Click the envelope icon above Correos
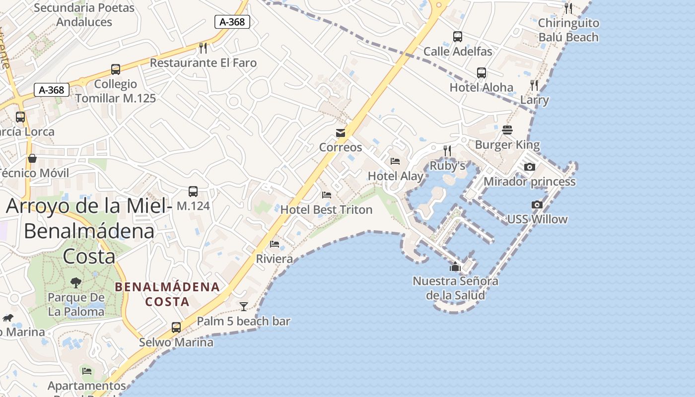point(341,133)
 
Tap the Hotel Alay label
point(396,176)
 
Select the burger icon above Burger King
point(507,130)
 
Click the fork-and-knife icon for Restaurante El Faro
point(203,48)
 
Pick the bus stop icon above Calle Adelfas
point(458,37)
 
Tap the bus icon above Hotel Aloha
point(481,73)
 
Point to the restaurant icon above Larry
point(534,85)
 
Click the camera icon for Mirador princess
point(530,167)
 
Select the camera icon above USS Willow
point(537,204)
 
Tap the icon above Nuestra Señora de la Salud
point(455,267)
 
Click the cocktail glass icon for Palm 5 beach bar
point(244,306)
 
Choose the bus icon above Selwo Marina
point(176,328)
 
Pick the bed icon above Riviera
point(275,244)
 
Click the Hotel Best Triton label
point(326,209)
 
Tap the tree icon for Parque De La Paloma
point(76,283)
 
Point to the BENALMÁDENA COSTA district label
point(167,294)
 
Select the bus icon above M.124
point(193,191)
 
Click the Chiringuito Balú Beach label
point(568,30)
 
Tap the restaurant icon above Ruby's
point(447,150)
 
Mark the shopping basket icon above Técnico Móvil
point(32,158)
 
